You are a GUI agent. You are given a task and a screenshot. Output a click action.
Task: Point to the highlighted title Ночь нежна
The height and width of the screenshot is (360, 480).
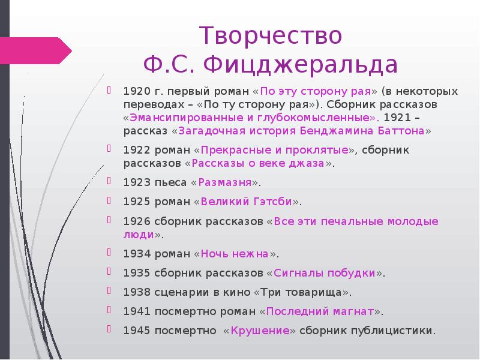235,253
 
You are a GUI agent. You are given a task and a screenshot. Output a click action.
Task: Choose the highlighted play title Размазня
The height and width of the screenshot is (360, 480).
224,182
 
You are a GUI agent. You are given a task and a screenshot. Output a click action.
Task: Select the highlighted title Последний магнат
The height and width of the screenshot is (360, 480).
320,311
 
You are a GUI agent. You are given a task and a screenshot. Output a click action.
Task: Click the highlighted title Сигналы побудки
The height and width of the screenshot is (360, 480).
325,273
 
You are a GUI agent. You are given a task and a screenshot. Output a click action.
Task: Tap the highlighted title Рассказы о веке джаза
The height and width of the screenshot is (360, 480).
259,163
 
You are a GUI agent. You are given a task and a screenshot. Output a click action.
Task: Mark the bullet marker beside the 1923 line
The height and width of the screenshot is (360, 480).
109,181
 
